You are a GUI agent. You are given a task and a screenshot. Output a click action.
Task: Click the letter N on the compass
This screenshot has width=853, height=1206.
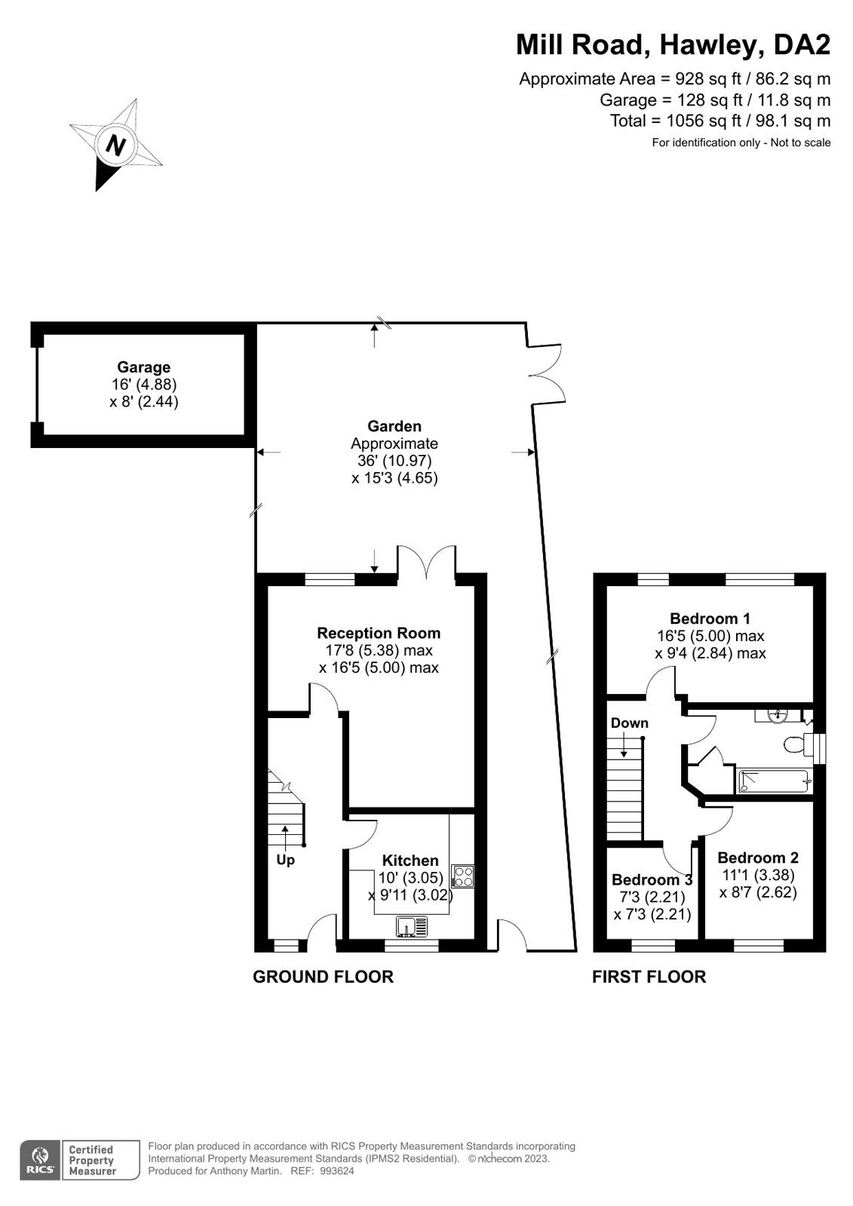[x=115, y=145]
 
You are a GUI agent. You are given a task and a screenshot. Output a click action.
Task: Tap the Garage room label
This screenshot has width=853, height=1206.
[x=143, y=367]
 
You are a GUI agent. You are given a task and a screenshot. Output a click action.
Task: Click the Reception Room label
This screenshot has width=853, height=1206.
[x=379, y=633]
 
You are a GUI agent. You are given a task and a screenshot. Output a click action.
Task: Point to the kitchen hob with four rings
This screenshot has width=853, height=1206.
[x=463, y=876]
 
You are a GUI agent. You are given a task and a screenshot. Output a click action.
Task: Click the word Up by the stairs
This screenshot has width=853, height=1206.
[x=285, y=860]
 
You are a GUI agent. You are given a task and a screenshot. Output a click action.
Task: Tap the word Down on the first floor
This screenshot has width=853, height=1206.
[x=629, y=723]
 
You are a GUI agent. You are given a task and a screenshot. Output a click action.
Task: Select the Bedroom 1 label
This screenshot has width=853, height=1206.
[x=710, y=618]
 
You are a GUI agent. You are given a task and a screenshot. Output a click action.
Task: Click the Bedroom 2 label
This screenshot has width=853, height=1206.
[x=757, y=858]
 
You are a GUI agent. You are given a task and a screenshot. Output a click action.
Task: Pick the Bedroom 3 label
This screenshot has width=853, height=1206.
[x=652, y=879]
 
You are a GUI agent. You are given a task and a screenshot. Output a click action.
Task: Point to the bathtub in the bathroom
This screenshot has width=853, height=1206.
[x=773, y=781]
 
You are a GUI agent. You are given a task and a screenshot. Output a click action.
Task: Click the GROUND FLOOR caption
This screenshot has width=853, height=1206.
[x=323, y=977]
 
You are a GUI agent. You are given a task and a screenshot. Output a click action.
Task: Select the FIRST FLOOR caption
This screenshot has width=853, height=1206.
[x=649, y=977]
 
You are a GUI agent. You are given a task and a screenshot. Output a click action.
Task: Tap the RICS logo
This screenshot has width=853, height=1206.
[x=38, y=1160]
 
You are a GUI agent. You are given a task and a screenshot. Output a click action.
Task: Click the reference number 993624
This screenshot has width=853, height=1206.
[x=337, y=1171]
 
